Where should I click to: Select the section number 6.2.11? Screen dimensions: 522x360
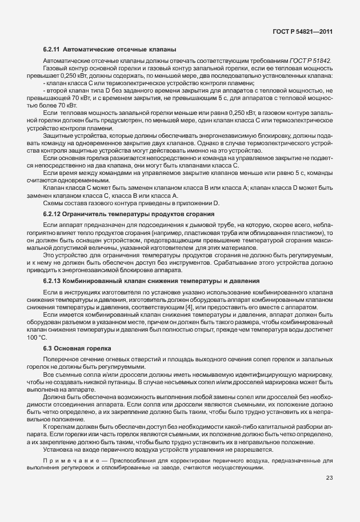point(53,49)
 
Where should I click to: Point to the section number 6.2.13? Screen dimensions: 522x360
point(53,281)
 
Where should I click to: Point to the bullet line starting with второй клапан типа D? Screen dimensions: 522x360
point(189,90)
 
